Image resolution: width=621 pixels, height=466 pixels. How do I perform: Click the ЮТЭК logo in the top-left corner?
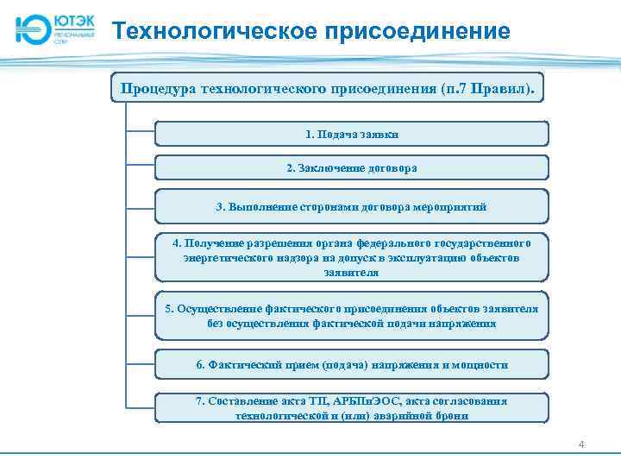(53, 28)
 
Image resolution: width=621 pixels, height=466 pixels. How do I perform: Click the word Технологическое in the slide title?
(215, 33)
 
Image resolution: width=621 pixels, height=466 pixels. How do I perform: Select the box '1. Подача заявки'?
(351, 134)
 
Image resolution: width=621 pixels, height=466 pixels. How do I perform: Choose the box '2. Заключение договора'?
(351, 167)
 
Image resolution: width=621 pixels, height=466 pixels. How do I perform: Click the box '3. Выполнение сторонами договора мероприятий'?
(351, 206)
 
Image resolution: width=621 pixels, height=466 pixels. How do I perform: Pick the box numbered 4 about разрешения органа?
(351, 257)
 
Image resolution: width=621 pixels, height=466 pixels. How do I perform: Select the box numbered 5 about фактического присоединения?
(351, 316)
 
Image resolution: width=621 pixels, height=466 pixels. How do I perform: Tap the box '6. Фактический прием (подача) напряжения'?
(351, 364)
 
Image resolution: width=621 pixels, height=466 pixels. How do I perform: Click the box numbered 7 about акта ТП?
(351, 408)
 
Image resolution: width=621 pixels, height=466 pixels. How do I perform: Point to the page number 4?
(581, 445)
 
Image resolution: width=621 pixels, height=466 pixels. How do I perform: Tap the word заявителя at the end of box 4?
(351, 272)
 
